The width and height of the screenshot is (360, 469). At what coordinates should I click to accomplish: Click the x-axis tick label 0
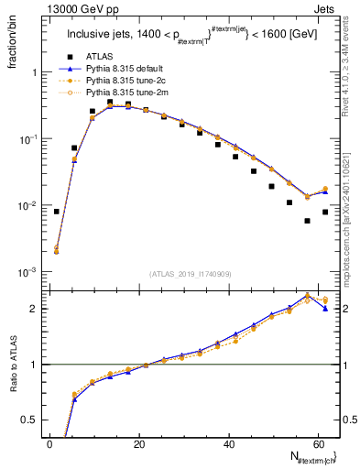pyautogui.click(x=49, y=444)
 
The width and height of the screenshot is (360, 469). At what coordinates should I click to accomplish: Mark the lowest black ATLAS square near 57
pyautogui.click(x=307, y=221)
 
